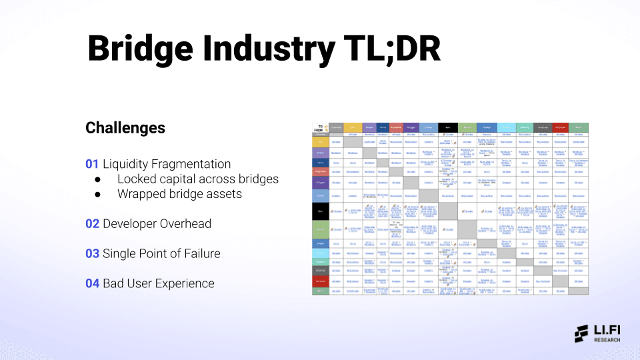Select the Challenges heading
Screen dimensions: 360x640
pos(125,127)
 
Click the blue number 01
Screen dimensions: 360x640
pos(92,164)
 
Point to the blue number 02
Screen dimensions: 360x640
pos(92,224)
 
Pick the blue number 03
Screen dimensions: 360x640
pos(92,254)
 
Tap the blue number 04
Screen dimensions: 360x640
pos(92,284)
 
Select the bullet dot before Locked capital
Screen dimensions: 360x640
pos(97,179)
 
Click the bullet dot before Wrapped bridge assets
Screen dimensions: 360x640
pos(97,194)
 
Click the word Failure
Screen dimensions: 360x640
pos(197,254)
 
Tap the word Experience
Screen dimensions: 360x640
pos(185,284)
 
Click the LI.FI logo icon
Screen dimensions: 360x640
pos(581,333)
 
